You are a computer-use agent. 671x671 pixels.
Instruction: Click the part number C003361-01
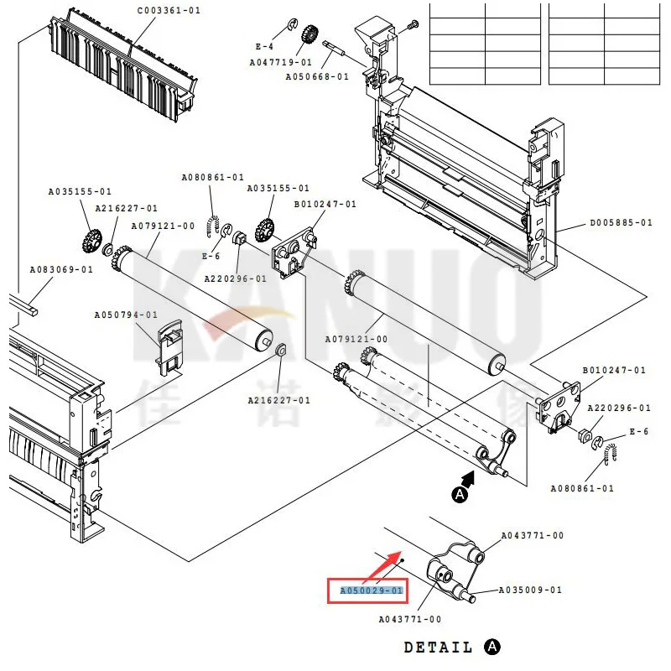pos(169,10)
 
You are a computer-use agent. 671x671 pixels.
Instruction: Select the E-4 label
pos(264,46)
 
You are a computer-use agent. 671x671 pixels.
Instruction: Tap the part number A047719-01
pos(280,62)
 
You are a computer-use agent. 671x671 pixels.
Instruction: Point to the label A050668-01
pos(317,76)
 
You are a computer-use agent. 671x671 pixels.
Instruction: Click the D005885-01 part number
pos(621,223)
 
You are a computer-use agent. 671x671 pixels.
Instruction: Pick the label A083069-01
pos(61,269)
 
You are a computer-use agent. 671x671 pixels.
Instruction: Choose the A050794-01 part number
pos(126,315)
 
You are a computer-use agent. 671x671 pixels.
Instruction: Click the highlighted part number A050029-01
pos(372,590)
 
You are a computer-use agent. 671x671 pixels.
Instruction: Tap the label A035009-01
pos(530,590)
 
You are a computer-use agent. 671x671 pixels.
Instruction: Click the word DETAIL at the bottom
pos(439,648)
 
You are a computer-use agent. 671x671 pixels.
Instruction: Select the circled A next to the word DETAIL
pos(492,648)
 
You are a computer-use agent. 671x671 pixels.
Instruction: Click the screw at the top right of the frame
pos(411,27)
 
